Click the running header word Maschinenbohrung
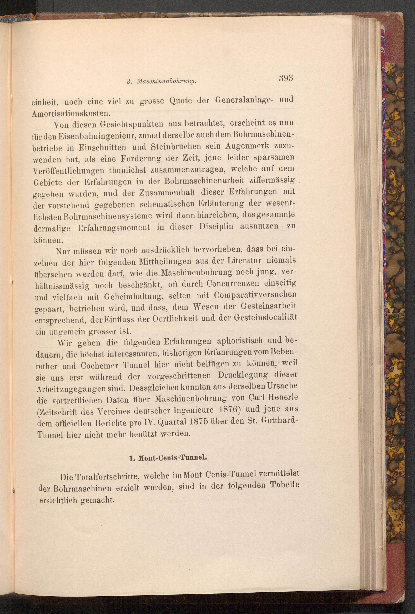[x=166, y=82]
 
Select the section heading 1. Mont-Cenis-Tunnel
[x=168, y=458]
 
